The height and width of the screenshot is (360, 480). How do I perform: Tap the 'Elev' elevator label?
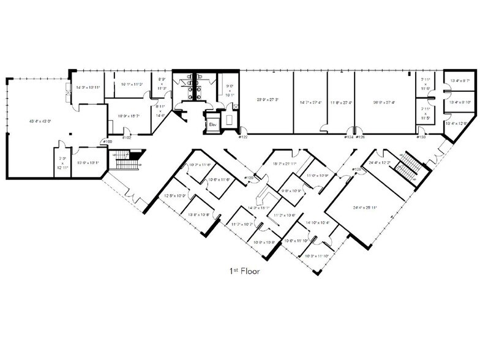point(214,124)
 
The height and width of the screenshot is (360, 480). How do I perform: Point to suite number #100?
point(108,142)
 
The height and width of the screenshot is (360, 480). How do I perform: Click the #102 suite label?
point(127,137)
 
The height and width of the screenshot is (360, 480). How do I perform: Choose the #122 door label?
point(243,137)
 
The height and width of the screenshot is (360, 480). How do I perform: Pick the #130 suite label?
point(421,137)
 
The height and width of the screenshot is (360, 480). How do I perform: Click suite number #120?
point(249,178)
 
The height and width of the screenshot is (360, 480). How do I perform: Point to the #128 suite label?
point(356,168)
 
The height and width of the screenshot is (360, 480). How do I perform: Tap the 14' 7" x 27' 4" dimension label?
point(310,102)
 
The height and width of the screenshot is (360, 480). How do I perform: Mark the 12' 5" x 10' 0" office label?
point(177,196)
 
